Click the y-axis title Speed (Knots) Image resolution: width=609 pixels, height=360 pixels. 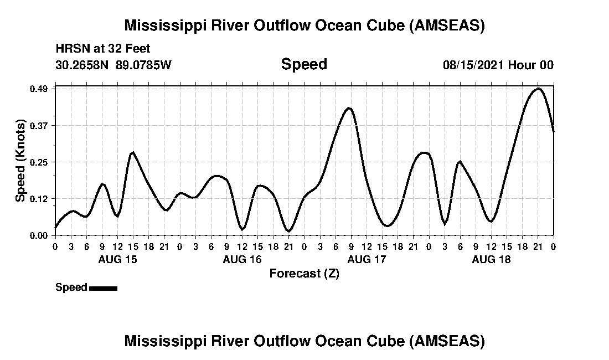[20, 161]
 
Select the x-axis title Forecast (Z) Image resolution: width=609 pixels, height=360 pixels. [304, 273]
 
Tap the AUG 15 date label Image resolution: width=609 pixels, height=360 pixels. [117, 259]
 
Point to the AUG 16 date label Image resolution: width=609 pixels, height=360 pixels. [242, 259]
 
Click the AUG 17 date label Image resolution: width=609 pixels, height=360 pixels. [367, 259]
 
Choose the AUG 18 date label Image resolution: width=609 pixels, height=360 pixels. [491, 259]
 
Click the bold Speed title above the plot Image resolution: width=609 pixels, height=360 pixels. [304, 64]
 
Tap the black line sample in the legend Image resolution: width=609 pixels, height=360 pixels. [103, 288]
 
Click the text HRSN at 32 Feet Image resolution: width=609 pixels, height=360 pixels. [102, 49]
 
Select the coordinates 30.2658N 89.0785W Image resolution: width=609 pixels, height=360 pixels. [113, 65]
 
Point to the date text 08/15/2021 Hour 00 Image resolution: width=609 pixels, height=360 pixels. [498, 65]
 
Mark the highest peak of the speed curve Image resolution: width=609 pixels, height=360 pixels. [538, 89]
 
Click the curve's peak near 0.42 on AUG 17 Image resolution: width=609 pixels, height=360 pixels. [348, 108]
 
